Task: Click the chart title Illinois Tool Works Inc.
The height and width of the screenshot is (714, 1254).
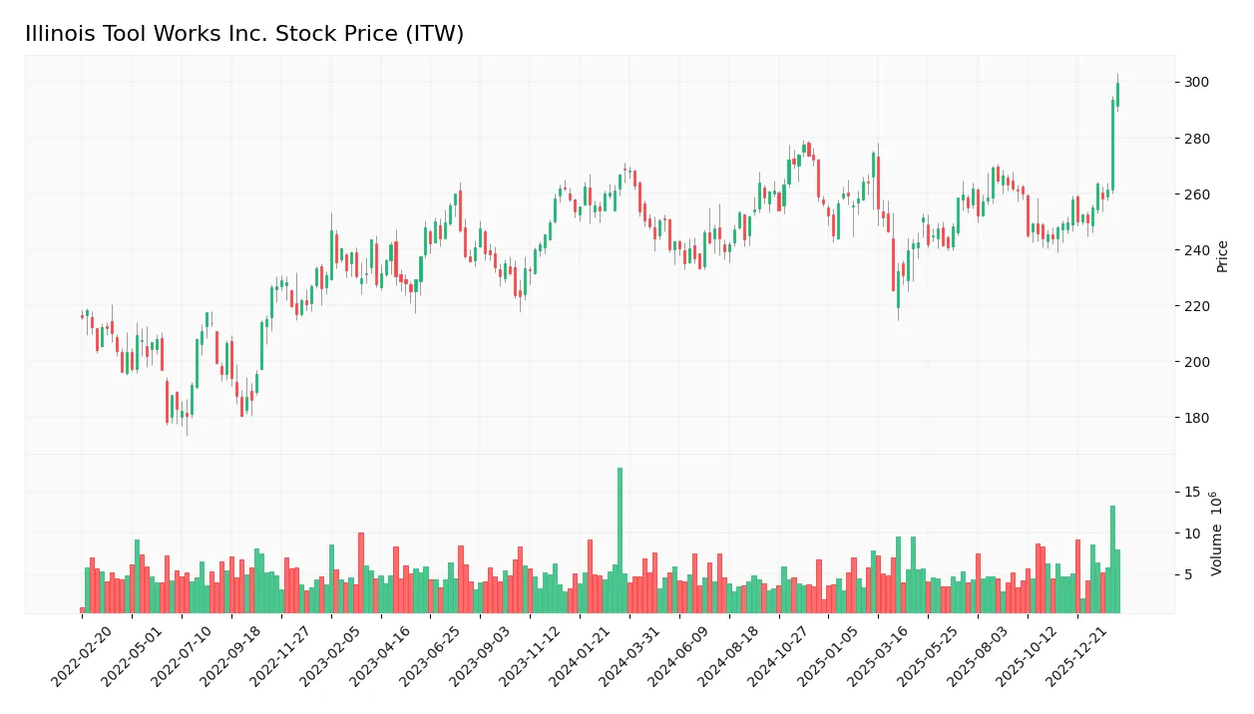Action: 244,34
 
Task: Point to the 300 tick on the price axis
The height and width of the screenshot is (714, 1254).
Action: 1196,83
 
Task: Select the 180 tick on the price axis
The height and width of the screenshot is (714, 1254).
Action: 1196,418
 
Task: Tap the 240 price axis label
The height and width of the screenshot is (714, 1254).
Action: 1196,250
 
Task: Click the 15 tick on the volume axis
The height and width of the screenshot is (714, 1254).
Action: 1191,493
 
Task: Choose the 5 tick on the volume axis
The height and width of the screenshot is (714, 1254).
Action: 1187,574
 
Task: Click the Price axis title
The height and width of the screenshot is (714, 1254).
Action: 1222,256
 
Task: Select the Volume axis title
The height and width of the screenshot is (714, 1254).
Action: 1217,534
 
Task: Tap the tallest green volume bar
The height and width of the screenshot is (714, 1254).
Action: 620,539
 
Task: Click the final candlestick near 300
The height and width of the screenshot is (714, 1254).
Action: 1117,95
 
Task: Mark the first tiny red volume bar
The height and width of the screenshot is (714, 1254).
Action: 83,609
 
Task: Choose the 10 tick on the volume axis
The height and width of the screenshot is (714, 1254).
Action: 1191,534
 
